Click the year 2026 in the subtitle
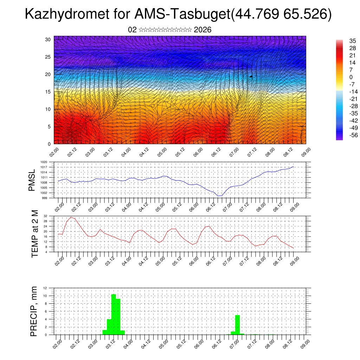coord(202,30)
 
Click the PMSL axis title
coord(32,180)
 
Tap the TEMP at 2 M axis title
coord(35,234)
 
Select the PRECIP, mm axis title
coord(34,311)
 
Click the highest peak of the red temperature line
coord(71,217)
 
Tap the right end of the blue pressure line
coord(294,167)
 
